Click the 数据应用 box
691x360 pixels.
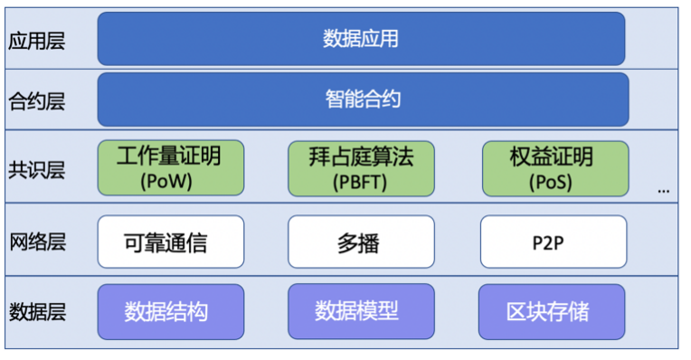[x=361, y=39]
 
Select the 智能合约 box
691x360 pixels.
[x=363, y=99]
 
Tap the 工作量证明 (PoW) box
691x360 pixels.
[x=169, y=167]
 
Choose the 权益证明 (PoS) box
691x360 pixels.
[x=552, y=167]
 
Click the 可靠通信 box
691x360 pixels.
[x=170, y=242]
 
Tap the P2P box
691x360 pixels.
[x=552, y=242]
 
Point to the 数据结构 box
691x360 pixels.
[x=170, y=312]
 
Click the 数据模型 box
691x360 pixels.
[x=357, y=312]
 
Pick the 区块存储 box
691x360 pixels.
[x=552, y=312]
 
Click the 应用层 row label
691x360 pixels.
[x=36, y=41]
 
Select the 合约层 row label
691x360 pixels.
[x=36, y=99]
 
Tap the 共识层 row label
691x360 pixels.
[x=36, y=170]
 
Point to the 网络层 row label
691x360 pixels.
[x=36, y=242]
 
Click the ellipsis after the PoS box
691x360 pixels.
[x=664, y=190]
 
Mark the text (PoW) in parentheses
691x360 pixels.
[x=169, y=181]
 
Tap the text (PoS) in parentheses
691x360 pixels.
[x=552, y=181]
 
